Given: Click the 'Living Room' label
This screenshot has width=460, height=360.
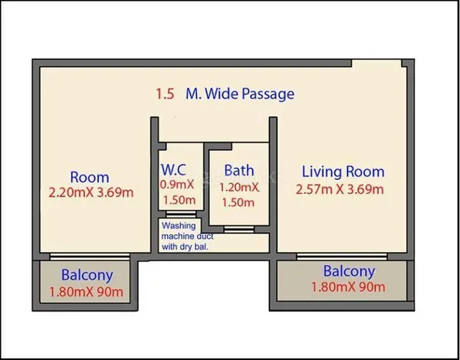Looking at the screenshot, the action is tap(343, 172).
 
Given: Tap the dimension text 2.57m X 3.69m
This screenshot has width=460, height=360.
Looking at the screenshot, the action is tap(340, 189).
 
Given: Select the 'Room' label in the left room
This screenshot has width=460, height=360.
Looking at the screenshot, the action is tap(90, 178).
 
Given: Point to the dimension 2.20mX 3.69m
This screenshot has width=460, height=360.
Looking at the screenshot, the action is tap(91, 192).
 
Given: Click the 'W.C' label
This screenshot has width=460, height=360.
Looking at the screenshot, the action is tap(173, 169).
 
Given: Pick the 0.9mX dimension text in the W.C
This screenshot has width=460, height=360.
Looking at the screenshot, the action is tap(177, 185).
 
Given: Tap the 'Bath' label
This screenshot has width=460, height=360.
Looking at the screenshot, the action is tap(239, 170).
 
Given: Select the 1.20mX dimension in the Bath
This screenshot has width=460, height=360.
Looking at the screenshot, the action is tap(239, 188).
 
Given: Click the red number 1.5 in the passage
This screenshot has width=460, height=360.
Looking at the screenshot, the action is tap(165, 94).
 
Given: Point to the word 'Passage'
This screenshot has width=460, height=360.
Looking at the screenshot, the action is tap(268, 94).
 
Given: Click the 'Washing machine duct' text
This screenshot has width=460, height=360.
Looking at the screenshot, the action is tap(187, 231).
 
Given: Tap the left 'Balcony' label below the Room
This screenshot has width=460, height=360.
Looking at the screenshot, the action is tap(87, 275).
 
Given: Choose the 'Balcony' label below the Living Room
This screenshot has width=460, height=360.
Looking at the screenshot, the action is tap(349, 271).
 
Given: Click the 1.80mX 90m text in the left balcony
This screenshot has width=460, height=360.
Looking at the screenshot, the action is tap(86, 292).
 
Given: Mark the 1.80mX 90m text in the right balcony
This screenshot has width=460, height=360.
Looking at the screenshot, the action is tap(348, 287).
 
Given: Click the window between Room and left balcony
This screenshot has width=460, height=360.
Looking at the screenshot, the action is tap(90, 257).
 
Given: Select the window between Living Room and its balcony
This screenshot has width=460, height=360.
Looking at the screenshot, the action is tap(342, 257).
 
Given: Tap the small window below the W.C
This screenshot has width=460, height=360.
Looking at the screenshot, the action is tap(181, 214).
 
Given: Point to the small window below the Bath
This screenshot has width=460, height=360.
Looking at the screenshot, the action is tap(239, 229).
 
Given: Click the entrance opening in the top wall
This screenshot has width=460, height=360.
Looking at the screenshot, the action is tap(376, 64).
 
